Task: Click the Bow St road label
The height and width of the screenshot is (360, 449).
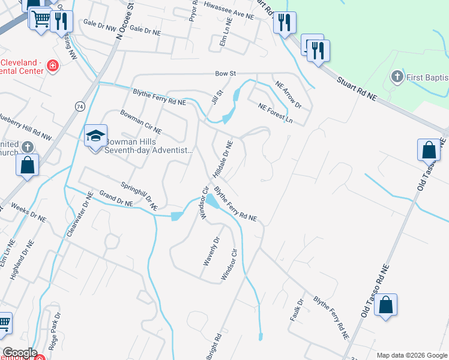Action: point(224,74)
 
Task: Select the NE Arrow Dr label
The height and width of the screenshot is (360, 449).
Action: point(288,94)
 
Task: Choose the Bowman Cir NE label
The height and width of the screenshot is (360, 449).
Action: point(141,121)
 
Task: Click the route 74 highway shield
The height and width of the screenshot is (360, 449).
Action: point(80,106)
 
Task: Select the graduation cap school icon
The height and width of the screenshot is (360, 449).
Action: point(95,136)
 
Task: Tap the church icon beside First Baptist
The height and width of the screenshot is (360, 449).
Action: point(396,76)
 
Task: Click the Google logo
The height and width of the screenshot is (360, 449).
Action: point(19,353)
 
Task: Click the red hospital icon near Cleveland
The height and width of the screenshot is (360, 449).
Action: point(53,66)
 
